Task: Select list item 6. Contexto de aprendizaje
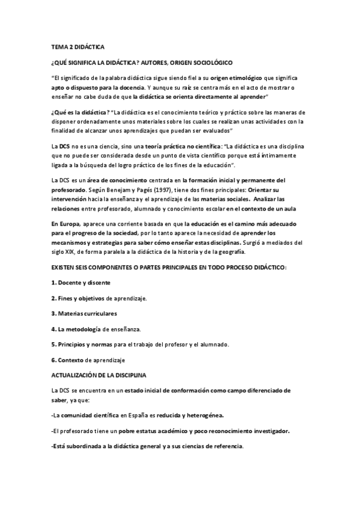[88, 360]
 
